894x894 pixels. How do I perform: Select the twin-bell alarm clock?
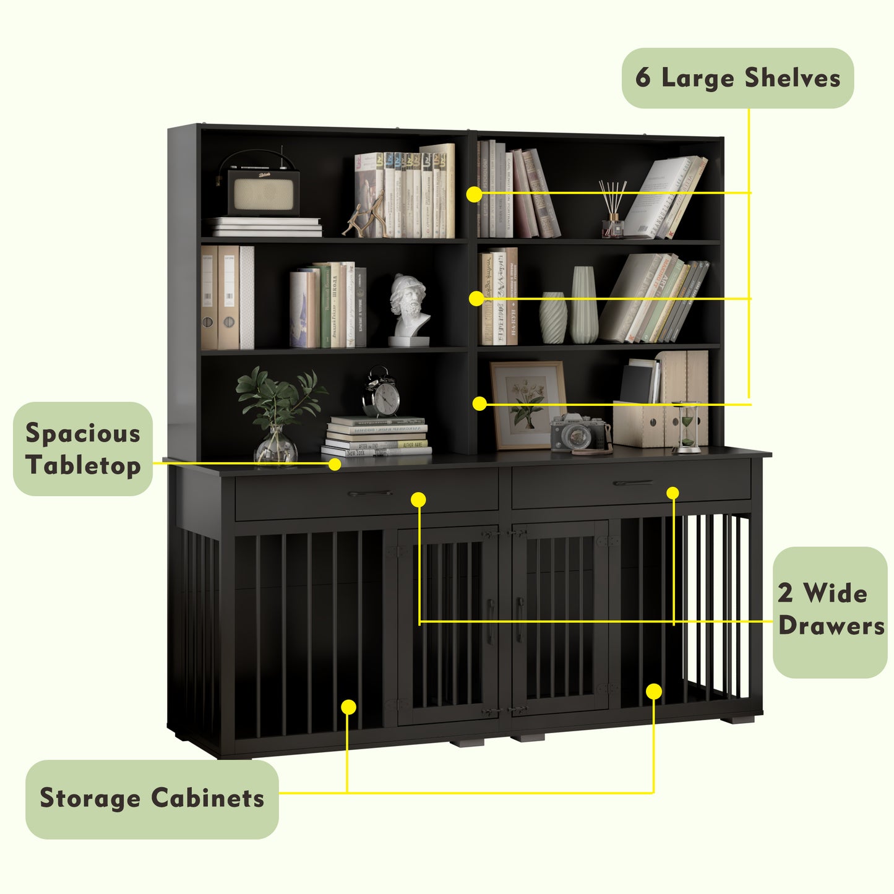tap(382, 393)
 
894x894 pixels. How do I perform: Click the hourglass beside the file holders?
tap(687, 427)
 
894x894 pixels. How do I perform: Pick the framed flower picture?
tap(528, 403)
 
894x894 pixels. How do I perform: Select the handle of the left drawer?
tap(369, 494)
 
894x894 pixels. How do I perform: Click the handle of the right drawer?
tap(632, 483)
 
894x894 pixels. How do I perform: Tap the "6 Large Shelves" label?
tap(737, 79)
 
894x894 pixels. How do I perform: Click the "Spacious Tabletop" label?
tap(83, 449)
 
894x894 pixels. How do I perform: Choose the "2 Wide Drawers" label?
tap(830, 611)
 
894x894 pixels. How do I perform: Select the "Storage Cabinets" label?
tap(152, 799)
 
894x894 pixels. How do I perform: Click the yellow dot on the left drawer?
tap(419, 499)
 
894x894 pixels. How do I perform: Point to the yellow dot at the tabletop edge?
tap(335, 464)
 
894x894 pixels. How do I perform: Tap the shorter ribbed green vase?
tap(552, 317)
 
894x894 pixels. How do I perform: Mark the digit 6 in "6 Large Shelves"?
tap(643, 79)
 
